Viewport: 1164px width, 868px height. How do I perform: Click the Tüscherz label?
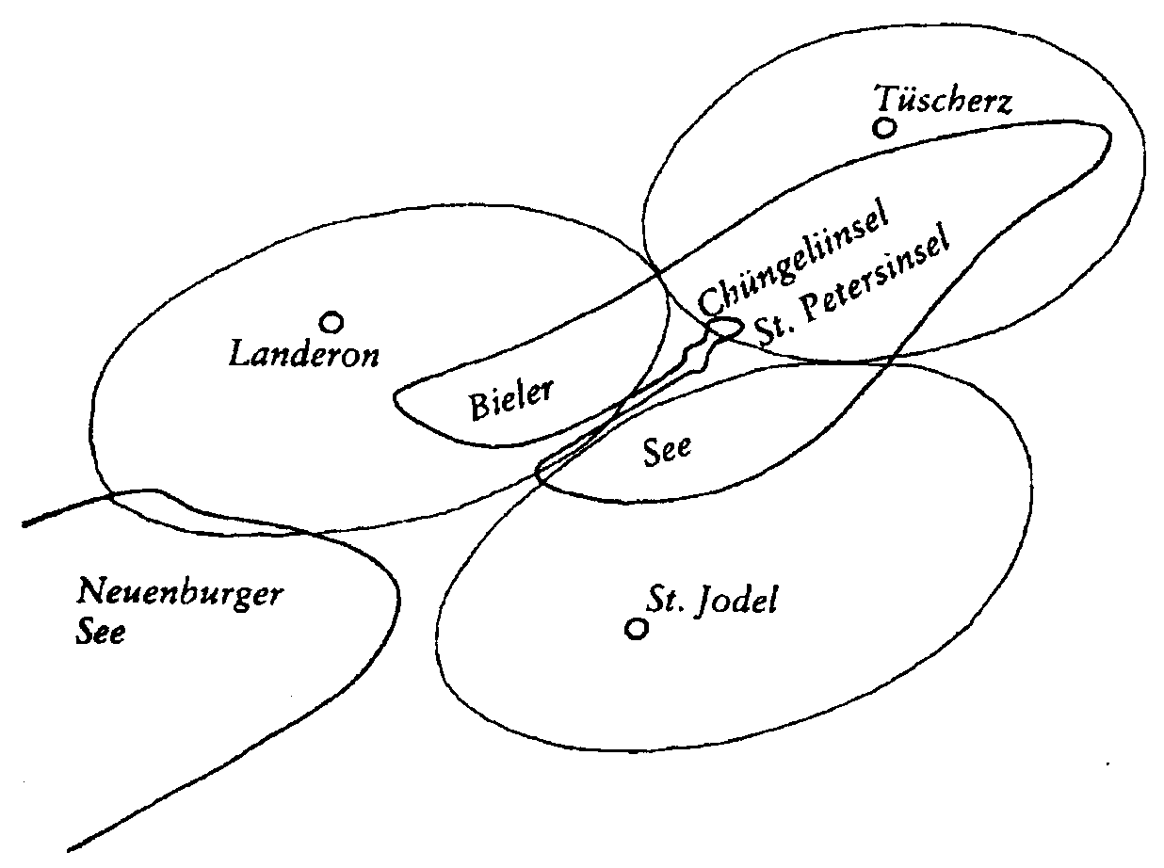point(943,100)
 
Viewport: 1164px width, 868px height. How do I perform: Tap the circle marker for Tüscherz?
point(884,128)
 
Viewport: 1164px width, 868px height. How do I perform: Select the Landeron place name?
point(304,354)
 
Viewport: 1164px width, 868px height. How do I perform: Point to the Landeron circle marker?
point(331,322)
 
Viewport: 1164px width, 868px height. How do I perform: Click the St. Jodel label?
point(711,601)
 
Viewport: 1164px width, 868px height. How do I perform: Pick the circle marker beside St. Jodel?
point(637,629)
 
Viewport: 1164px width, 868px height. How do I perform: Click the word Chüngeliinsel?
point(793,259)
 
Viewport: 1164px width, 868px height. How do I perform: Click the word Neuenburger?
point(180,593)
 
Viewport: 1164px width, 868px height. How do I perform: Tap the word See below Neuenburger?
point(101,632)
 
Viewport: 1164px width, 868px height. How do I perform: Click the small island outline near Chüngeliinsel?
point(725,329)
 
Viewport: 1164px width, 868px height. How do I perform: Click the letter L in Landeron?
point(240,353)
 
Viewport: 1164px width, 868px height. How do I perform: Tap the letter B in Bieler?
point(479,408)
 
